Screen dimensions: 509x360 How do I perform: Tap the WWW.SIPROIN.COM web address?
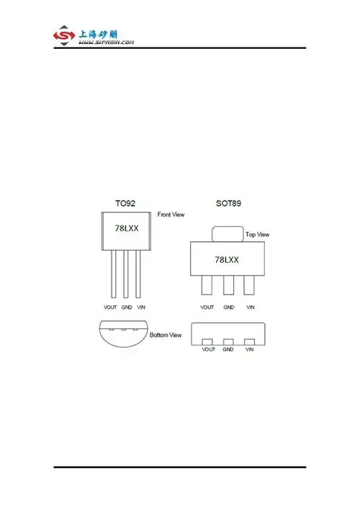(106, 42)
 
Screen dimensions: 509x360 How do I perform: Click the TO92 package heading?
(125, 204)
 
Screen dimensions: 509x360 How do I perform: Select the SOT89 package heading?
(228, 204)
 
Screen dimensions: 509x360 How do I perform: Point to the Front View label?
(171, 215)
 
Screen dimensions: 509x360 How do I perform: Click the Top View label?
(257, 235)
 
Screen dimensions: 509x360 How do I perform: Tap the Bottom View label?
(166, 335)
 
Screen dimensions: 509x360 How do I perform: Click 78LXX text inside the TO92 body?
(126, 228)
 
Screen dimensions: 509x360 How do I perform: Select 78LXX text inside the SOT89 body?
(227, 258)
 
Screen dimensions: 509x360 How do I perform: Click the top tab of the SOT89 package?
(228, 234)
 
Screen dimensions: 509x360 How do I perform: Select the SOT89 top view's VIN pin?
(249, 285)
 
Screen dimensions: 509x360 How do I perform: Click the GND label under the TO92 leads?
(126, 307)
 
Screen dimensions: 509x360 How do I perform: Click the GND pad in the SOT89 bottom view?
(228, 341)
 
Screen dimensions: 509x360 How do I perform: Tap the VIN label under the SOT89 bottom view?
(250, 349)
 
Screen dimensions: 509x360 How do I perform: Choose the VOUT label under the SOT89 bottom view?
(209, 349)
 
